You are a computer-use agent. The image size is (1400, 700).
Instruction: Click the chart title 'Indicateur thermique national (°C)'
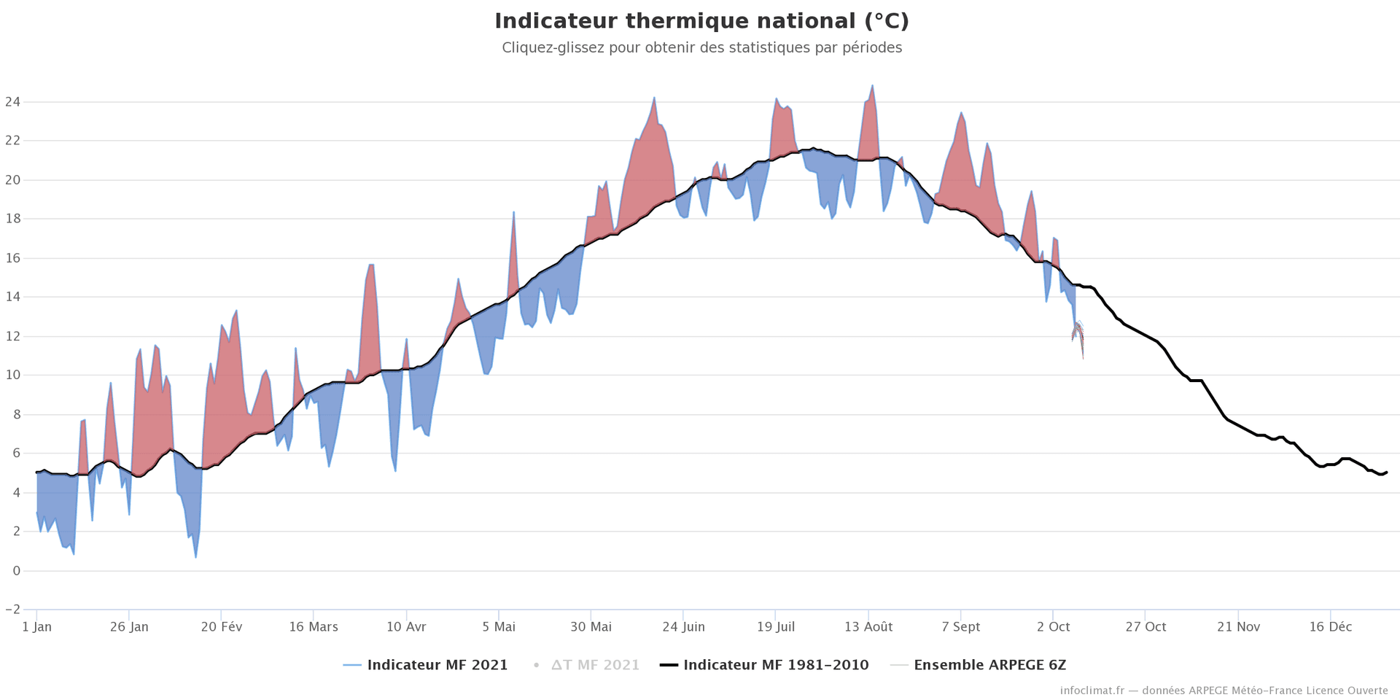701,21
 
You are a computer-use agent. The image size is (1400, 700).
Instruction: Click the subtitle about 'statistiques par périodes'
701,48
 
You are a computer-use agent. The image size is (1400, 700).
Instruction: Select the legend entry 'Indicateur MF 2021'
437,665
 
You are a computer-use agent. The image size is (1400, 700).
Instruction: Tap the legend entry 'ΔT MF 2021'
595,665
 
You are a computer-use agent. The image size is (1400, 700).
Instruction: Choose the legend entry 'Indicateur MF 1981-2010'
776,665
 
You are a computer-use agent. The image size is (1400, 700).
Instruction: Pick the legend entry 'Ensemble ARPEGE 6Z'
989,665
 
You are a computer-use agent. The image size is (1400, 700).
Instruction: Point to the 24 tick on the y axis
12,102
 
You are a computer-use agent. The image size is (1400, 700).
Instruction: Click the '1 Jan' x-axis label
36,627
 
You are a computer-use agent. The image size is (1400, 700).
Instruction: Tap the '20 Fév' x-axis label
221,627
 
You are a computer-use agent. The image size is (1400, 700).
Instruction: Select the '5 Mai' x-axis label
499,627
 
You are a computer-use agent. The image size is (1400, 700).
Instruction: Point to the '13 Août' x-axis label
868,627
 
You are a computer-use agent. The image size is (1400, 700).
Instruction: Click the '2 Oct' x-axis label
1053,627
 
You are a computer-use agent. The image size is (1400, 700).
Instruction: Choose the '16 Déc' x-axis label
1330,627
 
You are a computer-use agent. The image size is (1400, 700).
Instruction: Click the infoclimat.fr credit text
1224,691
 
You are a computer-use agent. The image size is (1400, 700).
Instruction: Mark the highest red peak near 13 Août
872,86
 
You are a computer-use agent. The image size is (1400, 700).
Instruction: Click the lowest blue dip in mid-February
195,557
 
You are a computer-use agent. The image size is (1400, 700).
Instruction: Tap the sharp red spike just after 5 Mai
514,212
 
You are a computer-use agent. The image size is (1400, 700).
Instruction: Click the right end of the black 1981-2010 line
1386,472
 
